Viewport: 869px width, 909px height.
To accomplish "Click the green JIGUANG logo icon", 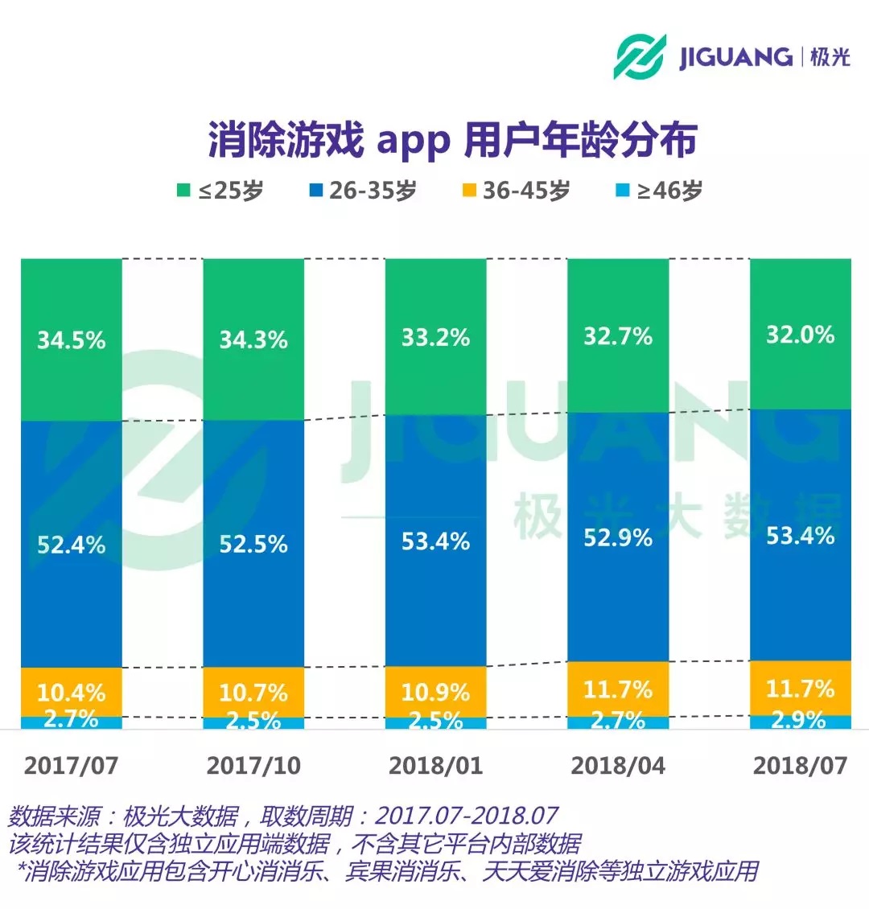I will [x=640, y=56].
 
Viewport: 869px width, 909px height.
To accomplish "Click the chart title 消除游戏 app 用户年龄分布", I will [x=452, y=141].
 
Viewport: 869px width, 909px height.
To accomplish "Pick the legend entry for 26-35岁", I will [x=362, y=191].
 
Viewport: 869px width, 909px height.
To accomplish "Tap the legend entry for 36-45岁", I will [x=516, y=191].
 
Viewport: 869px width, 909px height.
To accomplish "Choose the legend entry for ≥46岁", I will [x=659, y=191].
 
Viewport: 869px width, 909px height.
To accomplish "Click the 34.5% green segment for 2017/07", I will [x=72, y=339].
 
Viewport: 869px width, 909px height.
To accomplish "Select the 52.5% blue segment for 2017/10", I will [x=253, y=544].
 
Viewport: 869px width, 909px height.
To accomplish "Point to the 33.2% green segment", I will [x=435, y=336].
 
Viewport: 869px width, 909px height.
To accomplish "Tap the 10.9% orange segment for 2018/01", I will [x=435, y=691].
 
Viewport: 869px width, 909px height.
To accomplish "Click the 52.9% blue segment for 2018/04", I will [x=618, y=537].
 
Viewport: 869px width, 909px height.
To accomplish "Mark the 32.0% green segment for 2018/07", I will [x=800, y=334].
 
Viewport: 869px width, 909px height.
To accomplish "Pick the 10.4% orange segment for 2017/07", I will [x=72, y=692].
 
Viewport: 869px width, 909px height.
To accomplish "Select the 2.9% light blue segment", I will [x=800, y=722].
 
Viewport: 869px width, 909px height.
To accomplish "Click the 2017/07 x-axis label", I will [x=72, y=765].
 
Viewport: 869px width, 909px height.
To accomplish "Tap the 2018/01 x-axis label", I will [x=435, y=765].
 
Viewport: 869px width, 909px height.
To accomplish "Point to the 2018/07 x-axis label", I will [x=800, y=765].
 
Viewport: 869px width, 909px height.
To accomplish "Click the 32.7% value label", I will [x=618, y=335].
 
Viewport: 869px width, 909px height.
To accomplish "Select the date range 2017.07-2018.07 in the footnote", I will [x=467, y=816].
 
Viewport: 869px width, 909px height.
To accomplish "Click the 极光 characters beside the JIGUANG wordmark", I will [x=830, y=56].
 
